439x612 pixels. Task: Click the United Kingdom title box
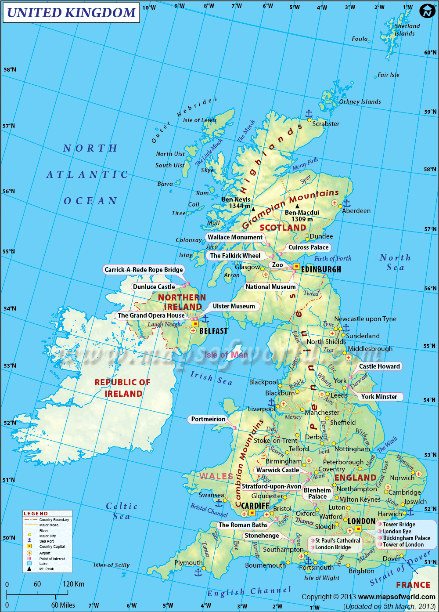tap(71, 13)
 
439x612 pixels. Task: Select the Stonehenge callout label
tap(262, 536)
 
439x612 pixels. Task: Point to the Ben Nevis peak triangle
tap(253, 210)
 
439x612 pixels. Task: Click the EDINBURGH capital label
tap(321, 269)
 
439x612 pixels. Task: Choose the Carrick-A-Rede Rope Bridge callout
tap(144, 270)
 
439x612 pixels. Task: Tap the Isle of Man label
tap(226, 355)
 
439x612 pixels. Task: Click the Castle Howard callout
tap(379, 366)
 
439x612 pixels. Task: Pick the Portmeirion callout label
tap(208, 419)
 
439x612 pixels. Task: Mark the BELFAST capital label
tap(213, 331)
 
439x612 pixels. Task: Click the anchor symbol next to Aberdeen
tap(346, 203)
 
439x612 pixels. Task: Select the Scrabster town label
tap(326, 124)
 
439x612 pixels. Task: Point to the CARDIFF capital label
tap(255, 506)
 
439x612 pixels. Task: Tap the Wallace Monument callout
tap(235, 237)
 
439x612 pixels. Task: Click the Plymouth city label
tap(189, 563)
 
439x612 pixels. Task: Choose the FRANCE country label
tap(413, 585)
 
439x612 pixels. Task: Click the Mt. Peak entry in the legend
tap(47, 569)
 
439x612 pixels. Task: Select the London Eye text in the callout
tap(397, 531)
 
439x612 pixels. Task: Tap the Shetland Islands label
tap(407, 30)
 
